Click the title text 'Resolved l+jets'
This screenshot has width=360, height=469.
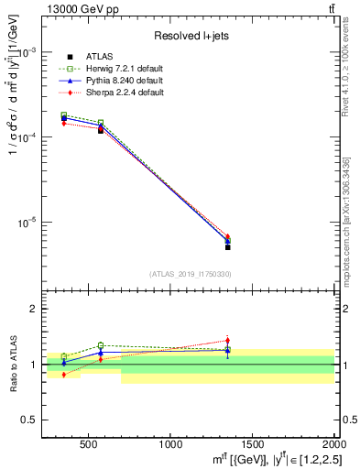pos(190,37)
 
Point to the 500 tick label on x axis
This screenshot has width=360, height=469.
pos(89,443)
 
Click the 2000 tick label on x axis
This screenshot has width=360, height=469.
pos(332,443)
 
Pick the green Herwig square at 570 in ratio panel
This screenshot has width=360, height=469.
pos(101,345)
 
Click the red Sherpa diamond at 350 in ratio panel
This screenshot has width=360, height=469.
pos(64,375)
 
